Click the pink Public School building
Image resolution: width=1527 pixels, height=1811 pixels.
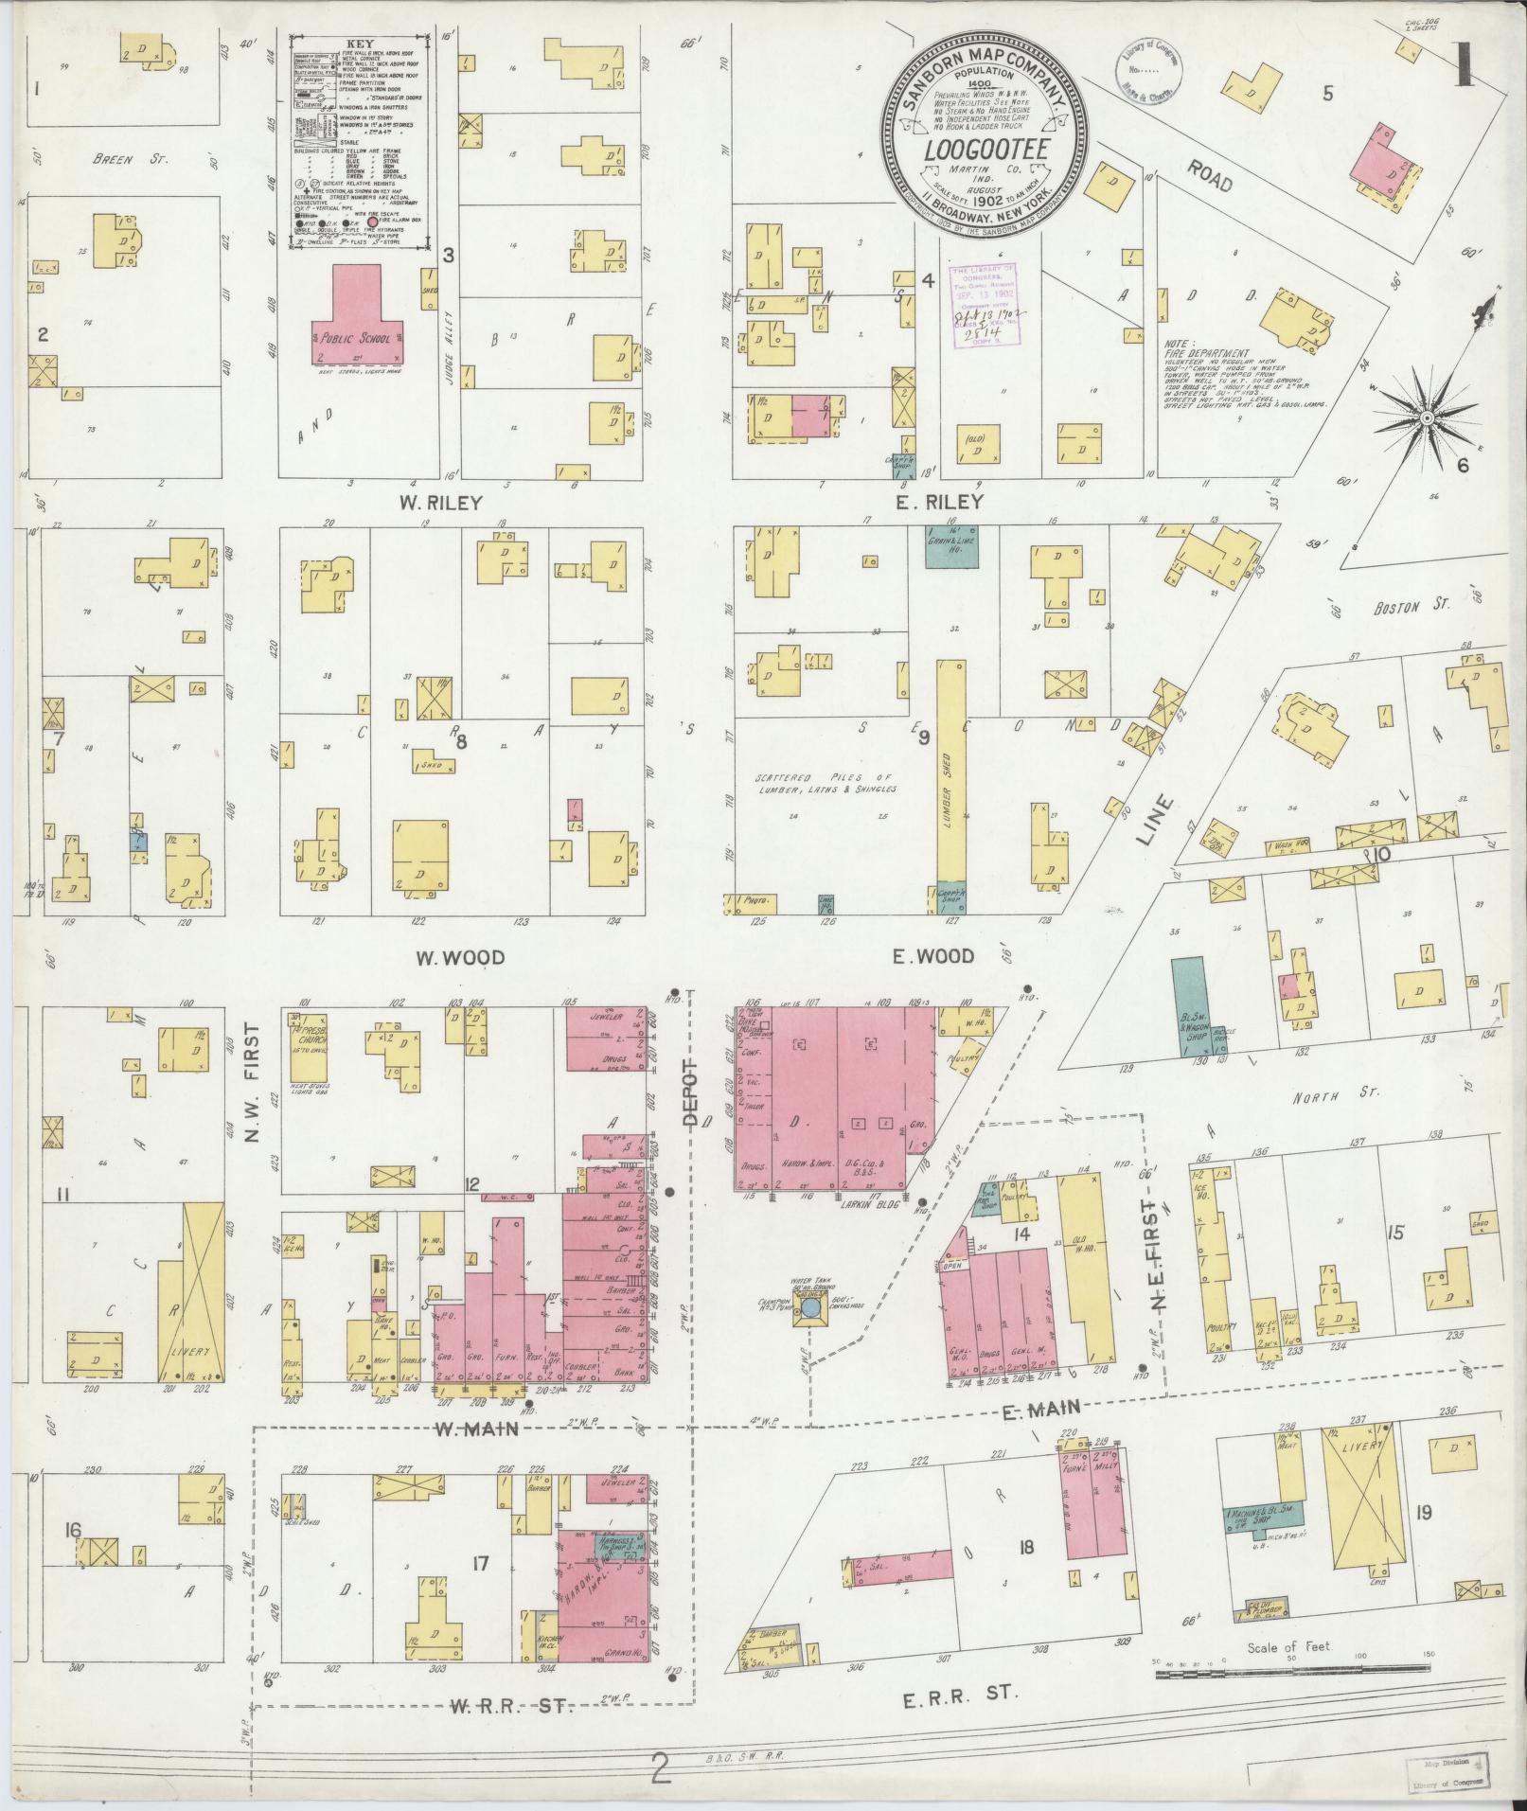click(357, 327)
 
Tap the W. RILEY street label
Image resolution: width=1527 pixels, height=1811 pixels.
click(440, 503)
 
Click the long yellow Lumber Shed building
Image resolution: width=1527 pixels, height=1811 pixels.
click(951, 786)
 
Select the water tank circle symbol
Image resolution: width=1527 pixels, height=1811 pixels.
click(810, 1308)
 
